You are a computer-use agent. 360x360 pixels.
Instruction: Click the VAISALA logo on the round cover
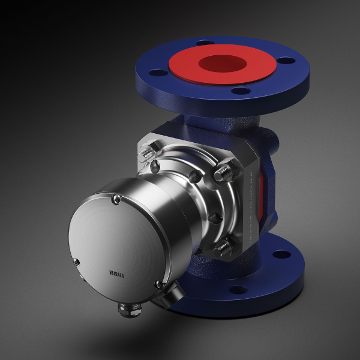[116, 274]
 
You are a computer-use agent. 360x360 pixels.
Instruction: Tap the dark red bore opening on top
[223, 64]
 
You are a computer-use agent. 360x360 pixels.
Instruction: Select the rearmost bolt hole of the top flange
[205, 43]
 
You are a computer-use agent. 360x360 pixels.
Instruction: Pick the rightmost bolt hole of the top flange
[286, 61]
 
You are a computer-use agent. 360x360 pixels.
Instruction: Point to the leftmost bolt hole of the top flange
[158, 73]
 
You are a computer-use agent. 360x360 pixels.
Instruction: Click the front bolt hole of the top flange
[241, 91]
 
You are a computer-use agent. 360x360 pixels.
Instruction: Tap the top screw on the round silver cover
[117, 199]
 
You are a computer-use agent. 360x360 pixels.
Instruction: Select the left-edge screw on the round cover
[76, 262]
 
